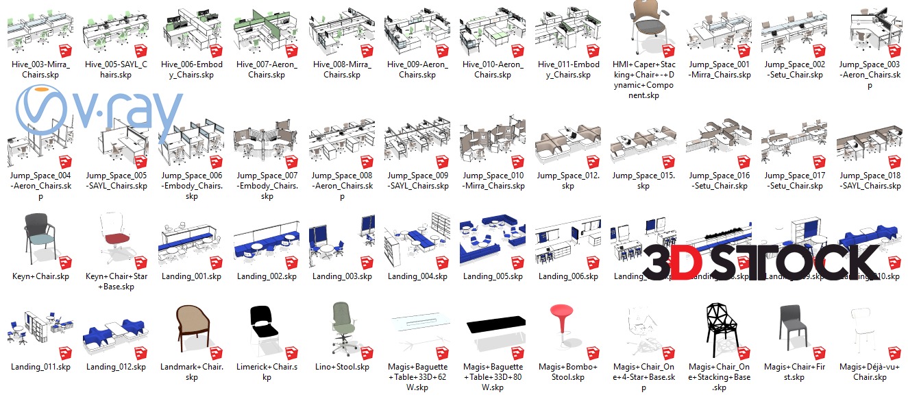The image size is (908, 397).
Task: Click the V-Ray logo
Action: [99, 113]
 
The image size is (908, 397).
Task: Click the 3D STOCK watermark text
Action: [761, 263]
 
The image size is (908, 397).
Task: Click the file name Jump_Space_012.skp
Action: [568, 180]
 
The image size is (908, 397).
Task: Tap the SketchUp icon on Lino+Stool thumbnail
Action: [367, 353]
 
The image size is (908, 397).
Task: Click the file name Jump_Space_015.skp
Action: [643, 180]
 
